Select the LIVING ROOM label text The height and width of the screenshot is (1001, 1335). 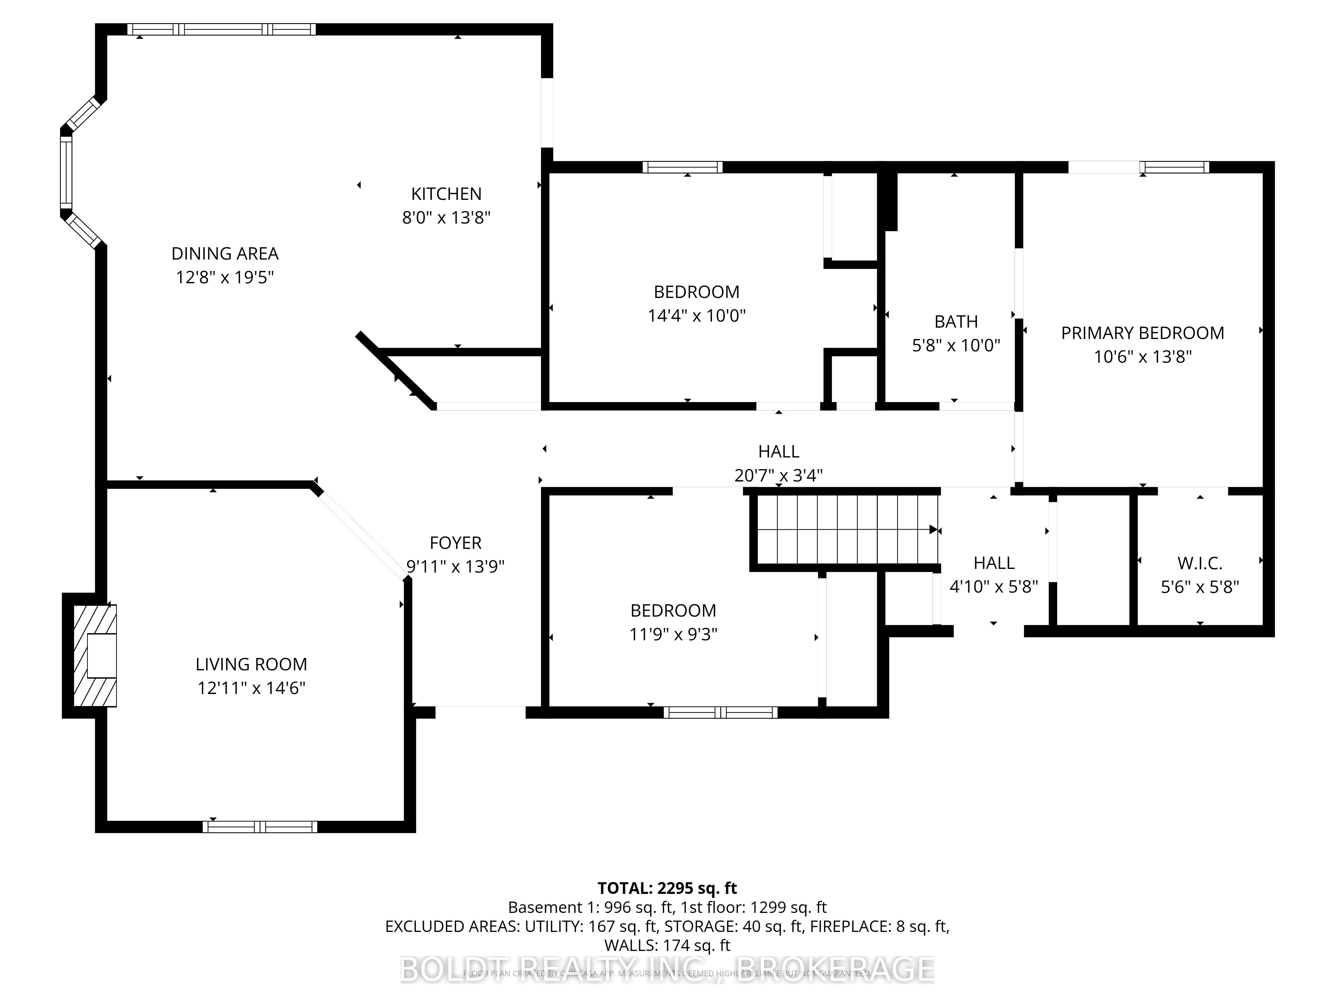pyautogui.click(x=251, y=664)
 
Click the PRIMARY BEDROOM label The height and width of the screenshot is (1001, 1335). pyautogui.click(x=1142, y=333)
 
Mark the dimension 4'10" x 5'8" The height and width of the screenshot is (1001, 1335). pyautogui.click(x=993, y=587)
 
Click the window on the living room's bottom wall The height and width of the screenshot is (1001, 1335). pyautogui.click(x=260, y=826)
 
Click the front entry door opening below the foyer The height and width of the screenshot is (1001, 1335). pyautogui.click(x=480, y=711)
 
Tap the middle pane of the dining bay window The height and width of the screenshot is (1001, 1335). pyautogui.click(x=66, y=172)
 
